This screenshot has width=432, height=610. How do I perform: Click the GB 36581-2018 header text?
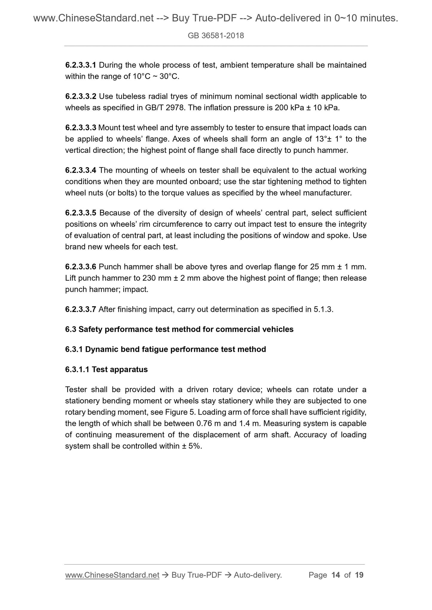click(x=216, y=36)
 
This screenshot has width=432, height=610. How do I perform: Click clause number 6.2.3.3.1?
click(x=80, y=65)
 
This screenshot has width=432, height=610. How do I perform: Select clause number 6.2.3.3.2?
click(x=80, y=96)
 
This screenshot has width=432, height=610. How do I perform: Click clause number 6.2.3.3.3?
click(x=80, y=128)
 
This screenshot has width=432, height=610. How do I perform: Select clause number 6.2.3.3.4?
click(x=80, y=170)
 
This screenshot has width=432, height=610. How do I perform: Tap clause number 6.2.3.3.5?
click(x=80, y=213)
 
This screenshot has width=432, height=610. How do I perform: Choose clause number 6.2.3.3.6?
click(x=80, y=267)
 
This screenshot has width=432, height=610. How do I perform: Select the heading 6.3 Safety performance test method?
click(x=179, y=329)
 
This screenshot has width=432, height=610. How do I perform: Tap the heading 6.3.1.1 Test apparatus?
click(x=106, y=369)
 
